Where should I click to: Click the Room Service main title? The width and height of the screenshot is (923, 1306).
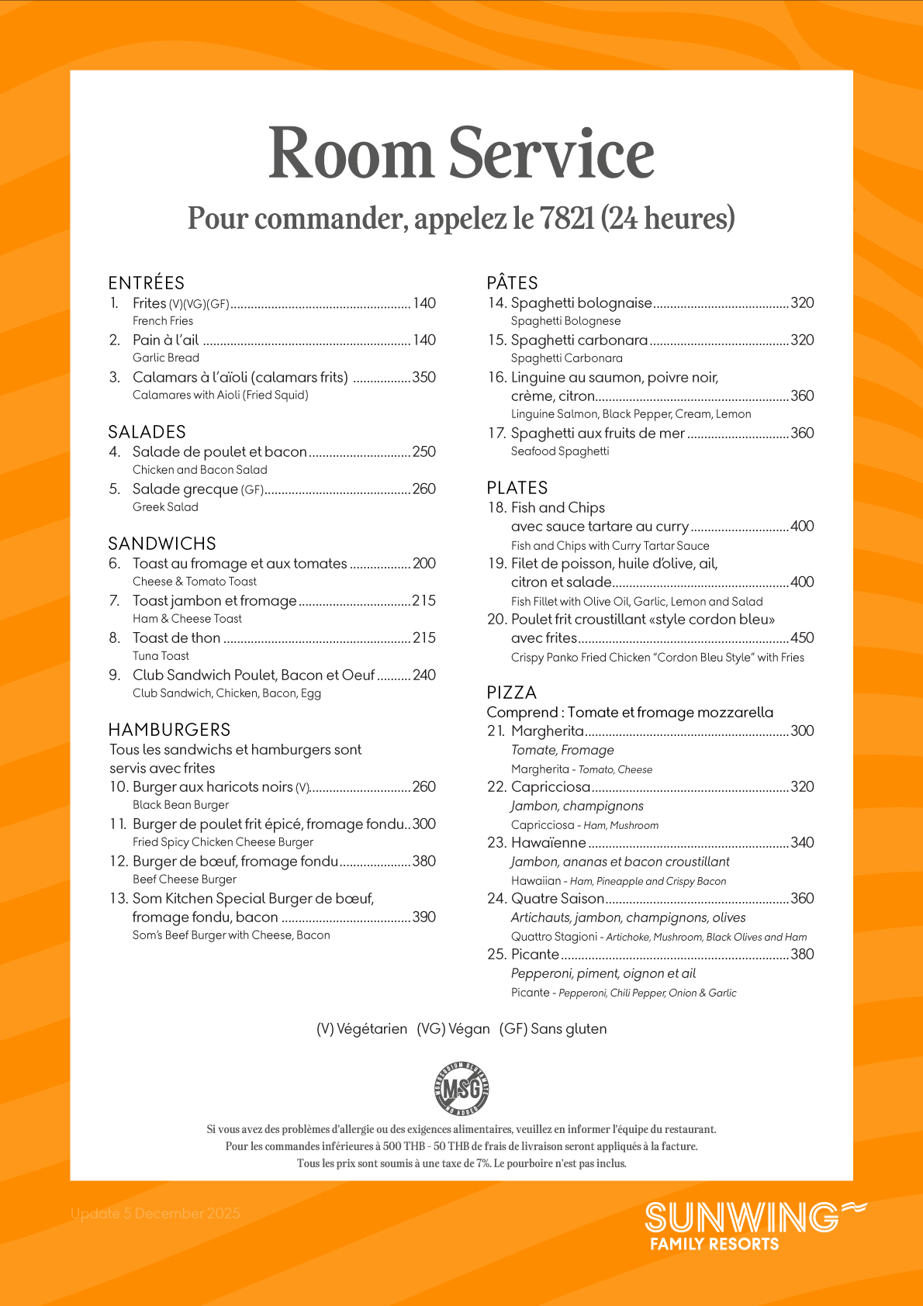(461, 154)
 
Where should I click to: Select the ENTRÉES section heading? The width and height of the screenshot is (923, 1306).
(147, 283)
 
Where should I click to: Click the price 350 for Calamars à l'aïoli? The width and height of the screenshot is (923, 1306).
(423, 378)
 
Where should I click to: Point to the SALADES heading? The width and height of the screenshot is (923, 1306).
(147, 432)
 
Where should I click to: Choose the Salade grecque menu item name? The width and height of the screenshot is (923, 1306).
(185, 489)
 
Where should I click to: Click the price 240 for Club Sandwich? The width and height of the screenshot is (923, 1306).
(423, 675)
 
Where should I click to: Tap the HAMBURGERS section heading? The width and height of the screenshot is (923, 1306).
(169, 730)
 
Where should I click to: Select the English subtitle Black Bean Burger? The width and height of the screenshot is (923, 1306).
(181, 805)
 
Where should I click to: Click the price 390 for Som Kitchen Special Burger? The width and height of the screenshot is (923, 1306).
(423, 917)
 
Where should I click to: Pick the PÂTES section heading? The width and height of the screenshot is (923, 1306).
(513, 283)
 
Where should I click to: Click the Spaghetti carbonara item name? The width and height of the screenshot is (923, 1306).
(579, 340)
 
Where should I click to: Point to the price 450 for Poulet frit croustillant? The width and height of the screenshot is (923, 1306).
(802, 638)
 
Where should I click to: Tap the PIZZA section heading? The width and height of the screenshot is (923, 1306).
(512, 693)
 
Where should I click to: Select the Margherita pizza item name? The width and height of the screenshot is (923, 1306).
(548, 731)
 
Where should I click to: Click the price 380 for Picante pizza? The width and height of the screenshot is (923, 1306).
(802, 955)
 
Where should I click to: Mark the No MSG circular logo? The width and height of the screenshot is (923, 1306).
(461, 1089)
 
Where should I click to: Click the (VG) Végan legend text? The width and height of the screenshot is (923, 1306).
(454, 1029)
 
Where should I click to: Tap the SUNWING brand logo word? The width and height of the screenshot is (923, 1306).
(742, 1218)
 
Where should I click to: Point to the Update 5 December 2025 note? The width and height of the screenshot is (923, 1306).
(155, 1214)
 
